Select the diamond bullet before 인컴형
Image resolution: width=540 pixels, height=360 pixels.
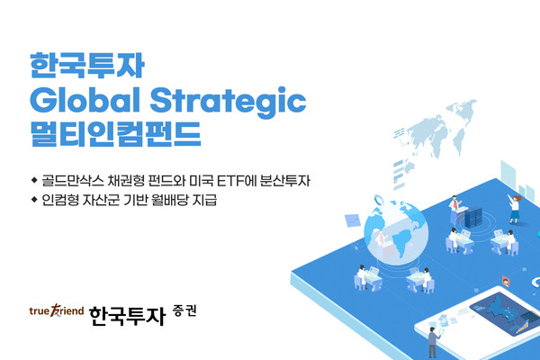pos(34,200)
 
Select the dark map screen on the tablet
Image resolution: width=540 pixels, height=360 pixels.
pos(508,311)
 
